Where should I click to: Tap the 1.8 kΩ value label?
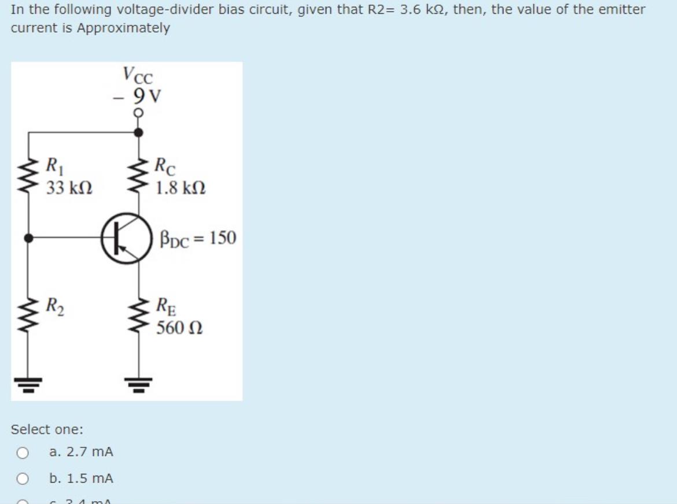pyautogui.click(x=180, y=188)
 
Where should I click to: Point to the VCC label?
pyautogui.click(x=137, y=75)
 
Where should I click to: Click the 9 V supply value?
pyautogui.click(x=147, y=94)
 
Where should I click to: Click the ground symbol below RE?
pyautogui.click(x=138, y=381)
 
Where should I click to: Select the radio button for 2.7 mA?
pyautogui.click(x=22, y=452)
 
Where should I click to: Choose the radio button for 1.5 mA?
pyautogui.click(x=22, y=479)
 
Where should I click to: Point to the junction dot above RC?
pyautogui.click(x=138, y=132)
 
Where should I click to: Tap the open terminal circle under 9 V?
pyautogui.click(x=138, y=113)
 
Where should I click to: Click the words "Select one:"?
pyautogui.click(x=47, y=429)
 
